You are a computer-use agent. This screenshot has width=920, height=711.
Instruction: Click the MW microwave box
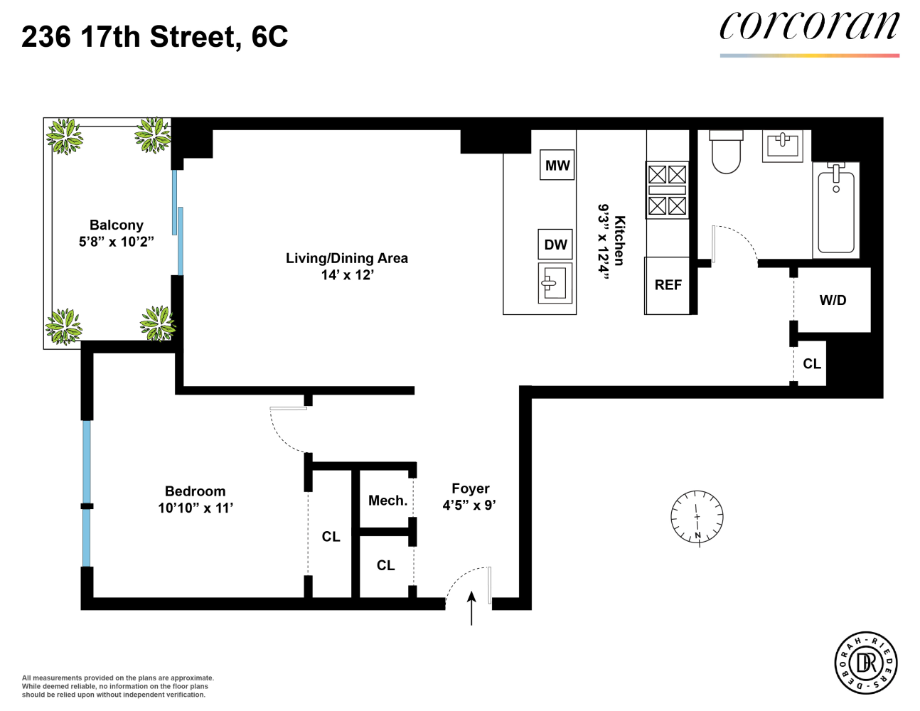click(557, 165)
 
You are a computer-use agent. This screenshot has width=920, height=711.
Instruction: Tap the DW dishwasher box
click(555, 245)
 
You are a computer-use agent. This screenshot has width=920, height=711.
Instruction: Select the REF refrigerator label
click(668, 285)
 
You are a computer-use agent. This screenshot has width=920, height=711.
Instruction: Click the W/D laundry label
click(833, 300)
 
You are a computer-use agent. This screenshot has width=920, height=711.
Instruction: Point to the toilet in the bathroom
click(726, 152)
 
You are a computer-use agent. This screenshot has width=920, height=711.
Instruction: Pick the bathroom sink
click(783, 146)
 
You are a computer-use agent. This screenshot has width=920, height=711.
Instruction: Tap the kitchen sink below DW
click(555, 283)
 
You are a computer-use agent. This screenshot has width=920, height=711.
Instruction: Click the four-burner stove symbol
click(667, 190)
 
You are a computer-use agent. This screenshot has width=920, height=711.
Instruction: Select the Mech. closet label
click(387, 501)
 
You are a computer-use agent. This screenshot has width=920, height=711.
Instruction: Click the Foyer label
click(470, 488)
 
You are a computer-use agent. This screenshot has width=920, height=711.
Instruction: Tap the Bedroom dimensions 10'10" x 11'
click(196, 508)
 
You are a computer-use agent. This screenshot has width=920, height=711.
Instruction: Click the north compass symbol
click(697, 517)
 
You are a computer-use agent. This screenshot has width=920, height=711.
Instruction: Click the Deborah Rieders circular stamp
click(865, 663)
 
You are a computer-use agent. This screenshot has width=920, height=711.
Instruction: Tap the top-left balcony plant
click(65, 136)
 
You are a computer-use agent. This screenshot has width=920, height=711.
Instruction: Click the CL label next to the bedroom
click(331, 537)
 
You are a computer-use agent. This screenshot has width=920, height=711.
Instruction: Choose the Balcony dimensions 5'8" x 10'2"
click(116, 242)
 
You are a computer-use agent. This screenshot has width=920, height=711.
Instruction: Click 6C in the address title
click(269, 37)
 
